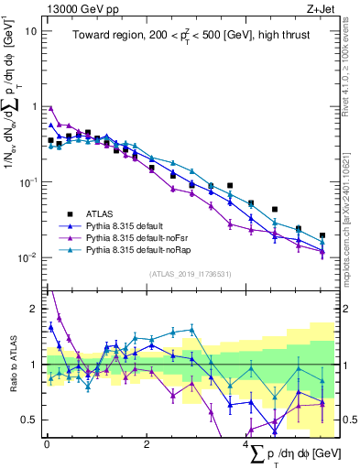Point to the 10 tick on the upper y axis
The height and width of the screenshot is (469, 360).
point(29,31)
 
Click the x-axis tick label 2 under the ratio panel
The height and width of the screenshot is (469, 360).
point(147,444)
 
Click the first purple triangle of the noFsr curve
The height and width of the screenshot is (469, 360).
point(50,107)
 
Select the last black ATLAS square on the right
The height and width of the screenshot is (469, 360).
point(322,235)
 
